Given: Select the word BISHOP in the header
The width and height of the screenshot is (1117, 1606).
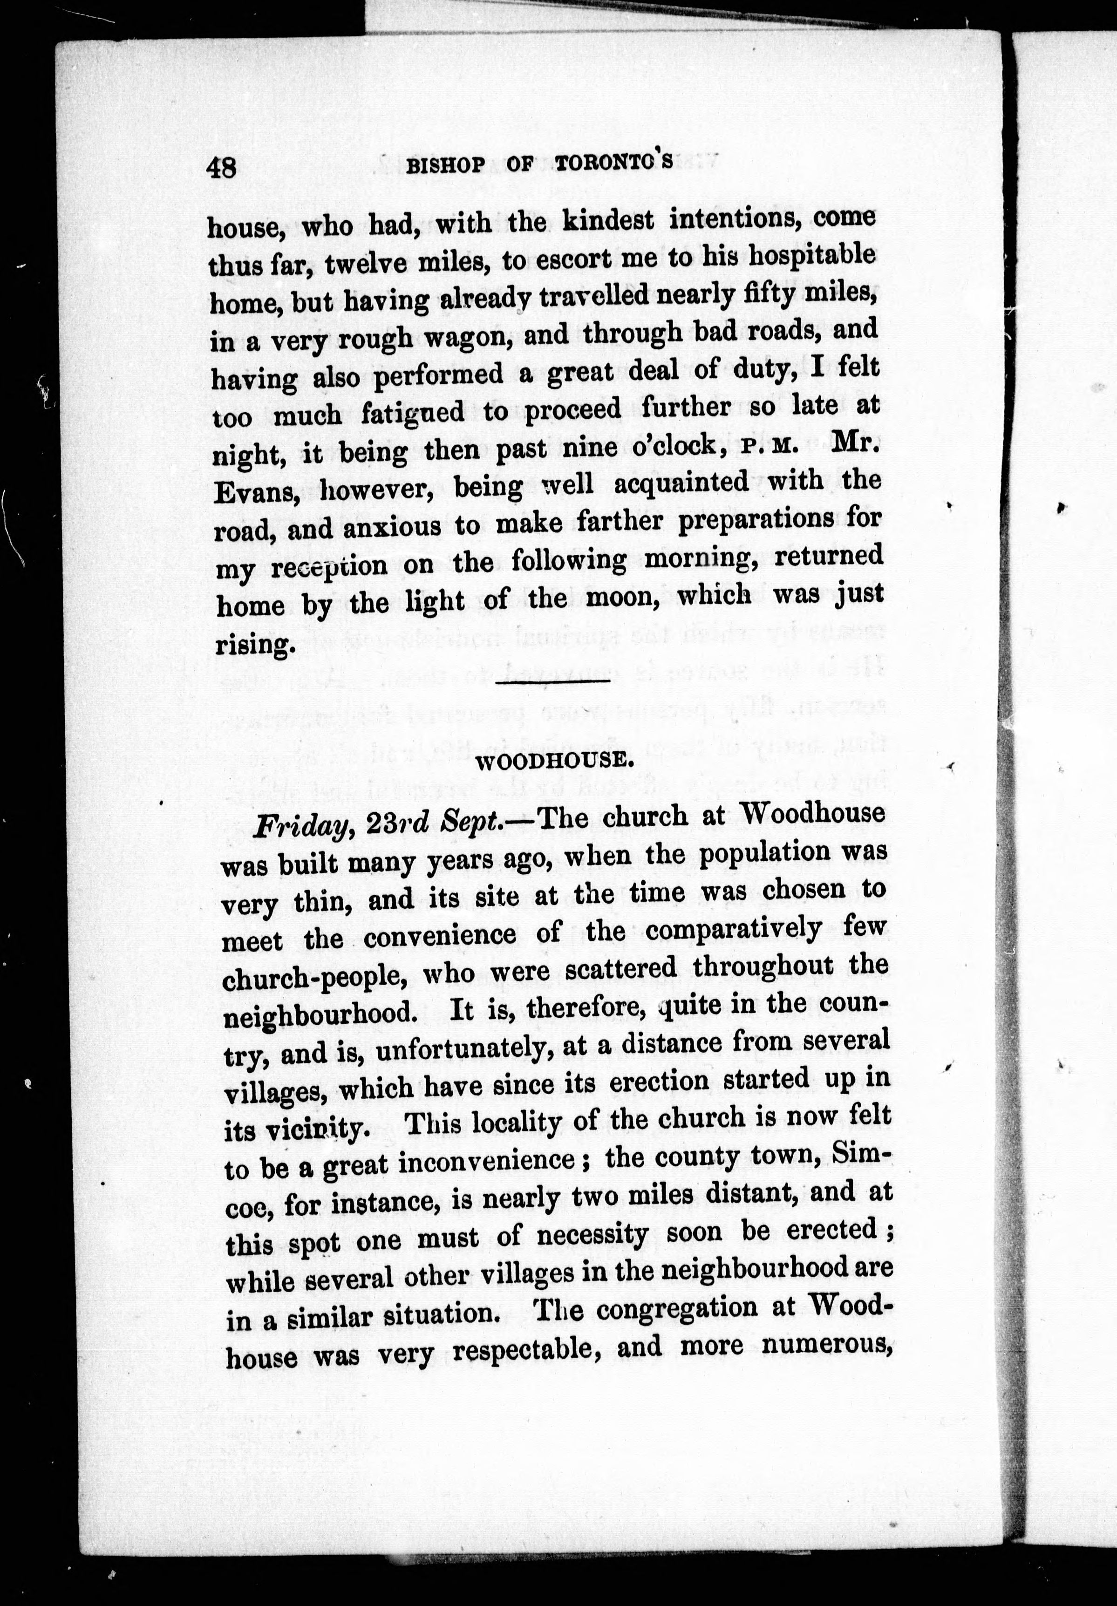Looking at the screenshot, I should click(x=445, y=166).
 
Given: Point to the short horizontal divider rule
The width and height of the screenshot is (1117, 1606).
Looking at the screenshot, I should click(x=552, y=679).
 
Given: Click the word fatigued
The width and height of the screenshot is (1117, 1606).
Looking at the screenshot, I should click(x=413, y=413).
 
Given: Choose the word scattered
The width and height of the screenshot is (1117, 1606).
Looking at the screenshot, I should click(x=620, y=967).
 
